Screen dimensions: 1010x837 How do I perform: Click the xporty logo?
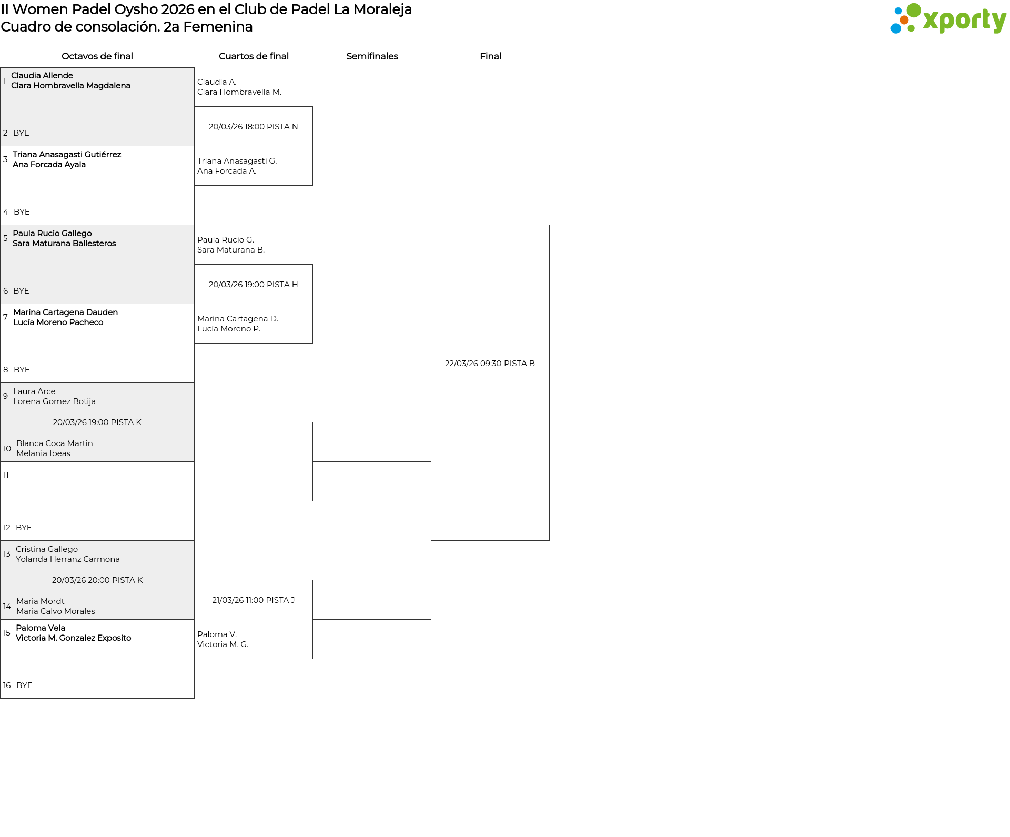tap(948, 18)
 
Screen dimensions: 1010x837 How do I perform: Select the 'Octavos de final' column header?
tap(97, 56)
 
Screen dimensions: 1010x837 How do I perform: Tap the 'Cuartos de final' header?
tap(254, 56)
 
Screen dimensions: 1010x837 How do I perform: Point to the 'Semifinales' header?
tap(372, 56)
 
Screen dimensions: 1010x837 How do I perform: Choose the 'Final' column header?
tap(490, 56)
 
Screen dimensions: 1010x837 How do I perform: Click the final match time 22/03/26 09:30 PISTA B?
tap(490, 364)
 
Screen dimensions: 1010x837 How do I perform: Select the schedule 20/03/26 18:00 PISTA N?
tap(254, 127)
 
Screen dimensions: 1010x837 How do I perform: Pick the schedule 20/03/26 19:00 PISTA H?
tap(254, 285)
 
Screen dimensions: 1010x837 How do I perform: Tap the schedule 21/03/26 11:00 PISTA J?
tap(254, 600)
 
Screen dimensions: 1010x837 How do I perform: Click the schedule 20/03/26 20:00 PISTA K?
tap(97, 580)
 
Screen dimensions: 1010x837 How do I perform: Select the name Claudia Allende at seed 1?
tap(42, 76)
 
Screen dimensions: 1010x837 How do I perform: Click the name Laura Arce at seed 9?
tap(34, 391)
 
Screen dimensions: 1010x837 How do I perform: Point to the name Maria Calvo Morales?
tap(56, 611)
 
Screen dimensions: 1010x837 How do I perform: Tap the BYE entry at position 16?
tap(24, 685)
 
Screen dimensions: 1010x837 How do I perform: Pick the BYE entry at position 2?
tap(21, 133)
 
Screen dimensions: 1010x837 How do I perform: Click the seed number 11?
tap(6, 475)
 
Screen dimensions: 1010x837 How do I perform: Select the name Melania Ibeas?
tap(43, 453)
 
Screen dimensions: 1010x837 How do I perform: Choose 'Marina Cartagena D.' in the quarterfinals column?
tap(238, 319)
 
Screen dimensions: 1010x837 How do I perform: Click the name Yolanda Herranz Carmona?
tap(68, 559)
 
